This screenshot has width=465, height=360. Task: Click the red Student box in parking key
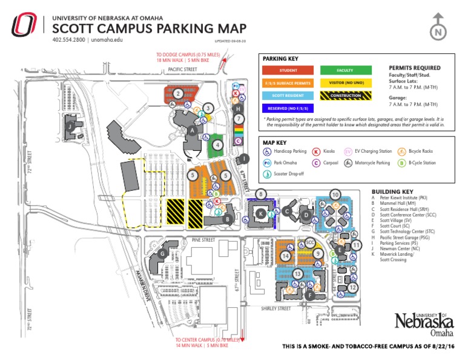pos(288,70)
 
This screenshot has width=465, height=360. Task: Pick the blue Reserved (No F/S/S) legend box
pos(288,108)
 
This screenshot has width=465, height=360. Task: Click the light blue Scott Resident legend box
pos(288,95)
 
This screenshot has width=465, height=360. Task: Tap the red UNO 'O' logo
pos(25,26)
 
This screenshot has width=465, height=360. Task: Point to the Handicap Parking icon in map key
pos(268,150)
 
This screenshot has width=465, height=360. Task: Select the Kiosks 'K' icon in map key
pos(316,150)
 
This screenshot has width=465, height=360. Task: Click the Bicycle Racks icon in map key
pos(402,150)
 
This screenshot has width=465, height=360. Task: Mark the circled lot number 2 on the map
pos(178,93)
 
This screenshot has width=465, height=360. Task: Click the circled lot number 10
pos(335,195)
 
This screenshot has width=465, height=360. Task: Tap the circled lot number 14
pos(285,256)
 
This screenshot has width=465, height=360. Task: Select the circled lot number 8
pos(261,194)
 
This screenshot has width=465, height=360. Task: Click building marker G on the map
pos(162,255)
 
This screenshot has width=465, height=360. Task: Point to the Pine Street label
pos(203,240)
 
